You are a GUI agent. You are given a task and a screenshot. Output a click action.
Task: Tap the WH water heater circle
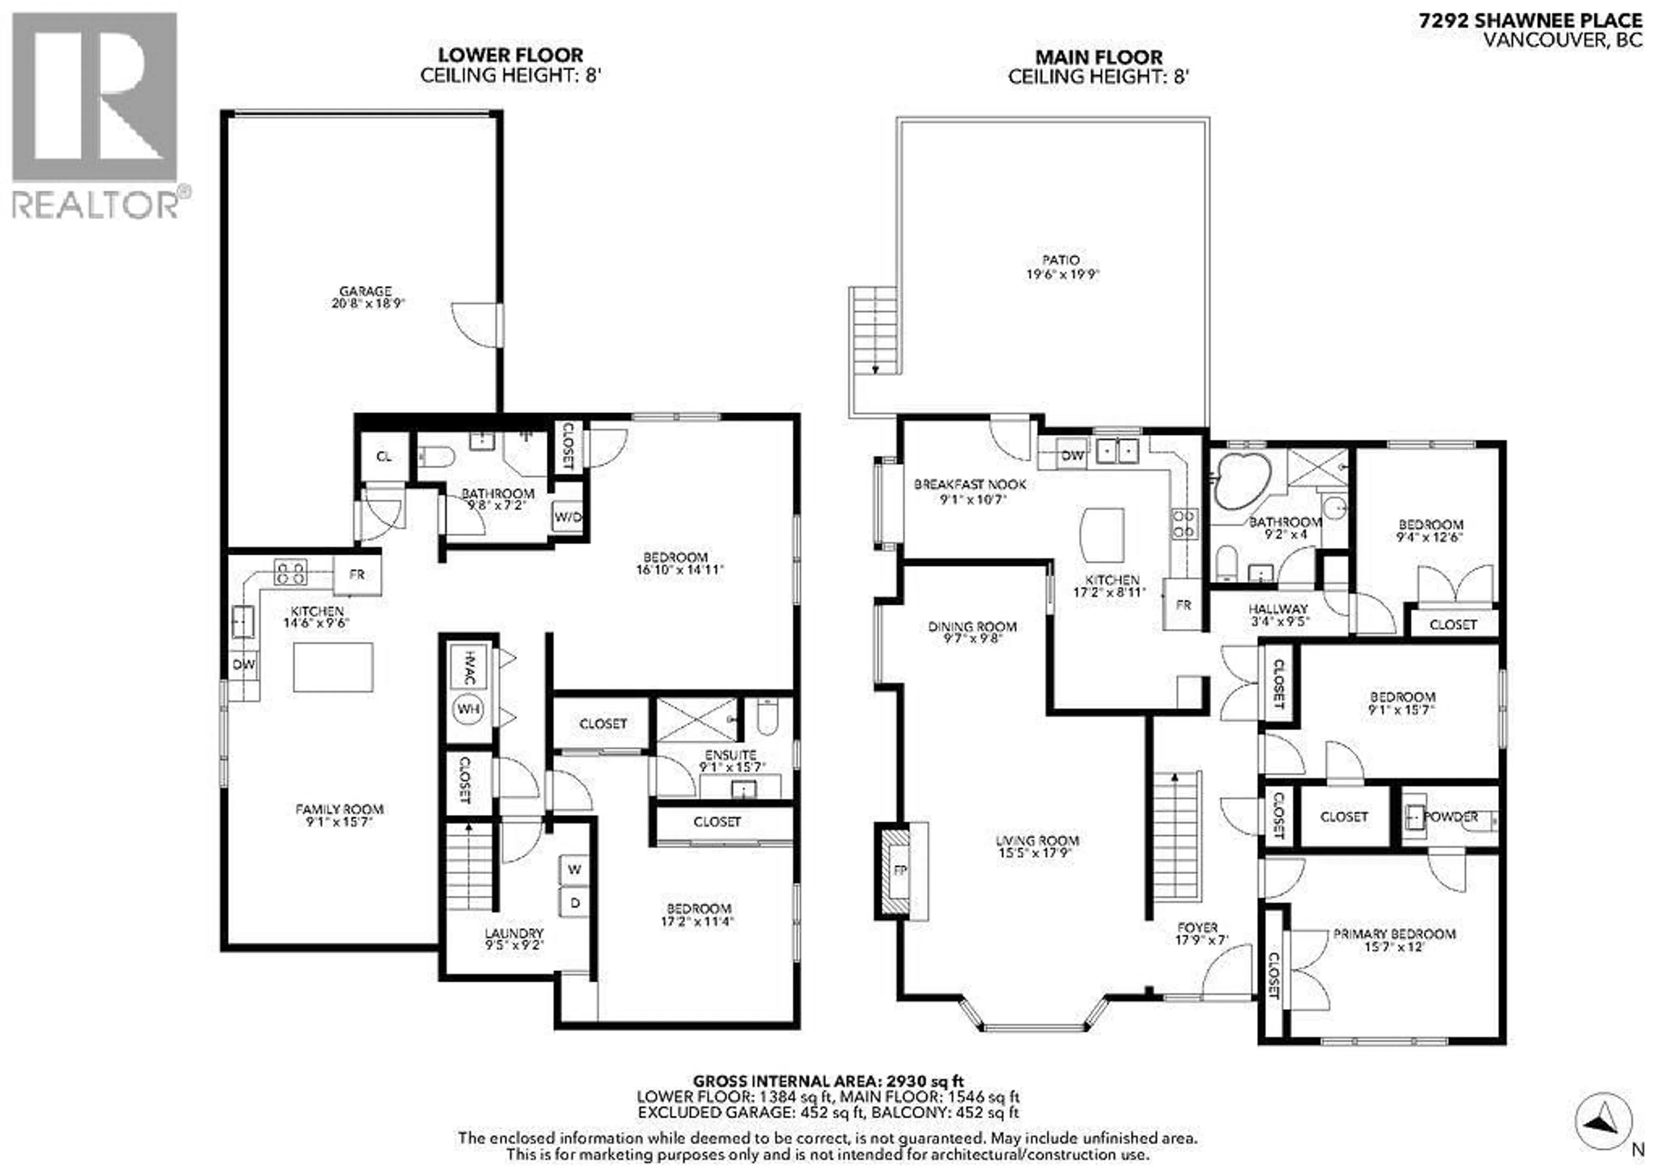468,709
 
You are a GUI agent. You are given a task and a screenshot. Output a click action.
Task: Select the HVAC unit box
468,667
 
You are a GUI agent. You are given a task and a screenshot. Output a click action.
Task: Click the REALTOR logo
95,116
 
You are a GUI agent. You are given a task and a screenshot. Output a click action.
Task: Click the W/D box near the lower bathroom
567,517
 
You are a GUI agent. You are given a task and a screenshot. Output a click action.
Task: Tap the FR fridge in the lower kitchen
356,575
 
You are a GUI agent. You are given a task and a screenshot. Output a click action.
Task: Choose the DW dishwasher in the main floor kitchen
1072,455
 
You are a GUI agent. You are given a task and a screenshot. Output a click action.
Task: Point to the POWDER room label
1451,817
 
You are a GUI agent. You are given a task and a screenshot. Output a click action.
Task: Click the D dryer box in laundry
574,903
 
